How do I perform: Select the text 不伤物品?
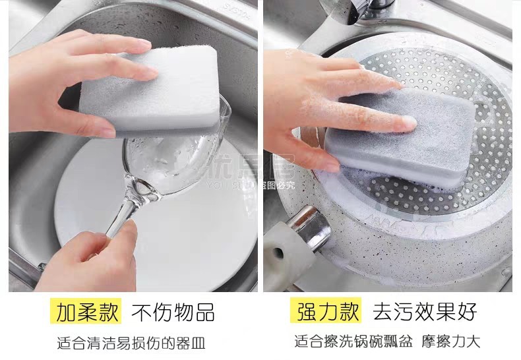[173, 312]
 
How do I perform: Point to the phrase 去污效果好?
[424, 312]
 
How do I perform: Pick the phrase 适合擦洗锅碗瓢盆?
[353, 342]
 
